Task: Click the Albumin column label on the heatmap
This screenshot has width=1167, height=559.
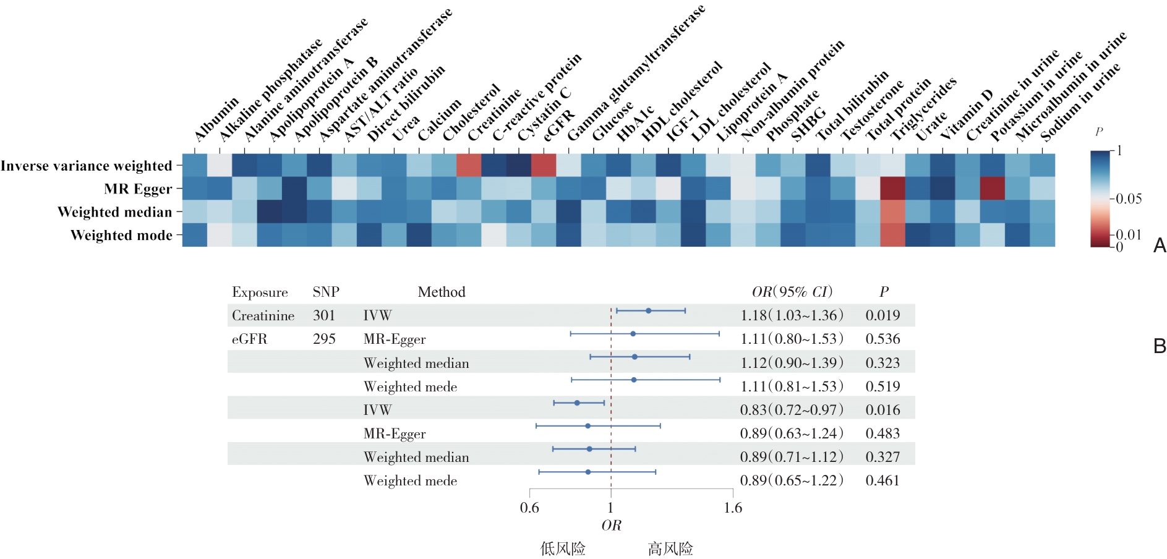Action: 216,119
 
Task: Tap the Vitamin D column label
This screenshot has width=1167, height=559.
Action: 966,114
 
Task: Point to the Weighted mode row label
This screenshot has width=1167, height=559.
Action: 121,235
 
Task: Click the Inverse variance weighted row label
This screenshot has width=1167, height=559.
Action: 87,166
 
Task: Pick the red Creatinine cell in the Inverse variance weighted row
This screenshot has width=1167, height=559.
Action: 469,165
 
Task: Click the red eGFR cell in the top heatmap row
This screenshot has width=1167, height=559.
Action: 544,165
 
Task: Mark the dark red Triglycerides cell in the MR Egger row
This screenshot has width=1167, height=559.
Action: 892,189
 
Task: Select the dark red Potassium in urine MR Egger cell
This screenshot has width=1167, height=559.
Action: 992,189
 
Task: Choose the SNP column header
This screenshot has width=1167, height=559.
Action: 326,292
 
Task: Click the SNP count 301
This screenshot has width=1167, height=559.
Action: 324,315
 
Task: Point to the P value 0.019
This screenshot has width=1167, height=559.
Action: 883,315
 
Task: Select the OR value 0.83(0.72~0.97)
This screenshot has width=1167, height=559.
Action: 792,410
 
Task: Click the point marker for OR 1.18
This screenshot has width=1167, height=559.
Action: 648,310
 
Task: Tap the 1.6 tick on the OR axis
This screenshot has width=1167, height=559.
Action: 733,508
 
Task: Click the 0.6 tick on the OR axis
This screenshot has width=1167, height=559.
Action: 529,508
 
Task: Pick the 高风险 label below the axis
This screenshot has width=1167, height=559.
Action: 670,548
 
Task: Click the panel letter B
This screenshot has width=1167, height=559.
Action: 1160,346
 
